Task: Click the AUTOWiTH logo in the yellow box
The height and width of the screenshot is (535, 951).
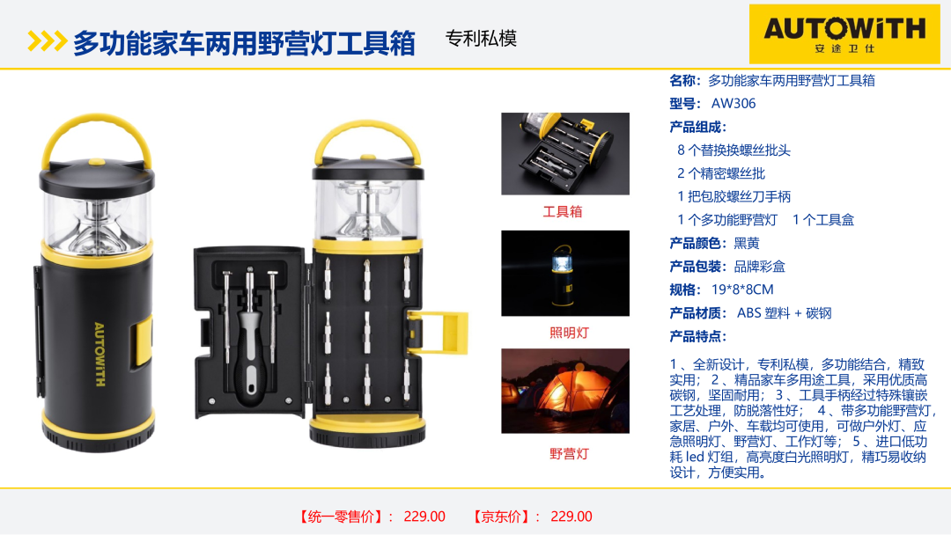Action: [844, 34]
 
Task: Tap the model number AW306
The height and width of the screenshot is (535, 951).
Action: [734, 104]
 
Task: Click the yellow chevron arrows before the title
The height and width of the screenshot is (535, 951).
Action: [47, 41]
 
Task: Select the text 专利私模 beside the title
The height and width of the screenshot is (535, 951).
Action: [481, 39]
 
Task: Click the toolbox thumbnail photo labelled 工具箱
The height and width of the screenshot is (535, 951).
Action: [565, 154]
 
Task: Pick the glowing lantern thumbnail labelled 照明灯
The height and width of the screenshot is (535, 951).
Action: [565, 274]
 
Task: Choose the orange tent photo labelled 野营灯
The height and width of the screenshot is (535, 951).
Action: [565, 391]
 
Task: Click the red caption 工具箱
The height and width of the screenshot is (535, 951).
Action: [562, 211]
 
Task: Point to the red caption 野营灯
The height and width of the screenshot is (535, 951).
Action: [569, 454]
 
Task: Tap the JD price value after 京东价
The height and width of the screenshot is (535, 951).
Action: [571, 517]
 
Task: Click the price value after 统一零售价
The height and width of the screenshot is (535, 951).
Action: [424, 517]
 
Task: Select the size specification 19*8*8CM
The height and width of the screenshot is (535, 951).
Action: [742, 289]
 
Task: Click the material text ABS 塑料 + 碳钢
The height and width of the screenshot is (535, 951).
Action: [785, 313]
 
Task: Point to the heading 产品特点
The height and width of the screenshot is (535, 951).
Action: [698, 336]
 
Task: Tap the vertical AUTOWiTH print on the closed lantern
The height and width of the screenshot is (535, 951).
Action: [100, 355]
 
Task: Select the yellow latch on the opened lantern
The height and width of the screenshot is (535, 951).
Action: [438, 332]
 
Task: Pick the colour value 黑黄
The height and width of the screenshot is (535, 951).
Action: [747, 244]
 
